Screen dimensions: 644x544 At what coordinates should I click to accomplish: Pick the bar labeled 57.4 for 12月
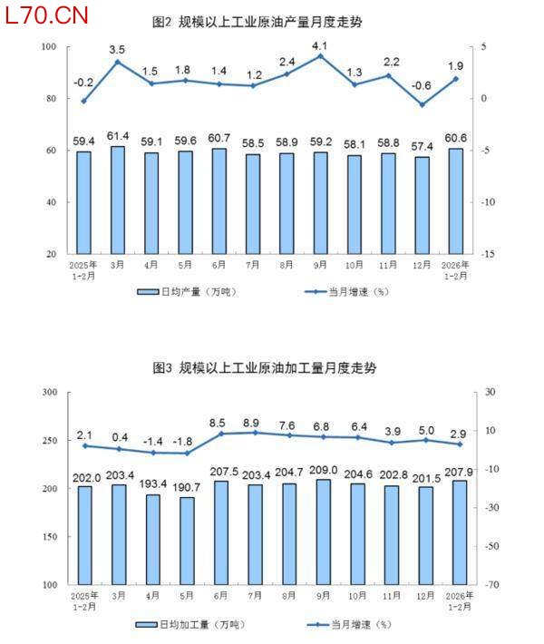tap(421, 205)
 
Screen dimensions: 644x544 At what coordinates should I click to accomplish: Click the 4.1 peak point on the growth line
tap(319, 56)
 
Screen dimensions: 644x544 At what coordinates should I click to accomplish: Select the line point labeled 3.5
tap(118, 62)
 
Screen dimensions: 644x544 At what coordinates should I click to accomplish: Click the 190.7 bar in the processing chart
tap(187, 541)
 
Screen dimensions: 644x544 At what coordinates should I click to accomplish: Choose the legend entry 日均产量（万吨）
tap(178, 292)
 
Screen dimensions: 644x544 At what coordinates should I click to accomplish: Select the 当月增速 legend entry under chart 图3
tap(349, 624)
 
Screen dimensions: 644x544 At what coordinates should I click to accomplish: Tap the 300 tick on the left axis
tap(49, 392)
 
